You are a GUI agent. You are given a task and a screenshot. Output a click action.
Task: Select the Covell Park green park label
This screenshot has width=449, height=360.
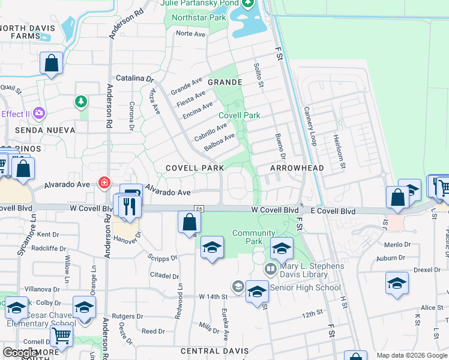point(240,115)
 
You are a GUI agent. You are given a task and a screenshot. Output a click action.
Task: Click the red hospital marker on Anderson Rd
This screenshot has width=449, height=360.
point(104,181)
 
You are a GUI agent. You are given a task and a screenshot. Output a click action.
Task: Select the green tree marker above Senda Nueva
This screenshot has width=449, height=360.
point(80,102)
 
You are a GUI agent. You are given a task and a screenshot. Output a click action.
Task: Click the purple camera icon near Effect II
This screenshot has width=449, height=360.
point(40,112)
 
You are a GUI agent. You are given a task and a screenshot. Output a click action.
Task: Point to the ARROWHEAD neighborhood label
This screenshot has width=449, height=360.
point(297,169)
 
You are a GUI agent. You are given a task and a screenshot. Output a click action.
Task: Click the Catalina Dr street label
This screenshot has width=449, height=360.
point(134,79)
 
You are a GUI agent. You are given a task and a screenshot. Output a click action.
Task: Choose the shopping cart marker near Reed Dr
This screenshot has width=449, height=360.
point(61,337)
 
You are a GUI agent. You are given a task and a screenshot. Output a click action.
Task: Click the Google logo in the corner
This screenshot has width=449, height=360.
point(21,353)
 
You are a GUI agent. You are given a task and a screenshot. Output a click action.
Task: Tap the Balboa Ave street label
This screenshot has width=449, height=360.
point(218,143)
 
